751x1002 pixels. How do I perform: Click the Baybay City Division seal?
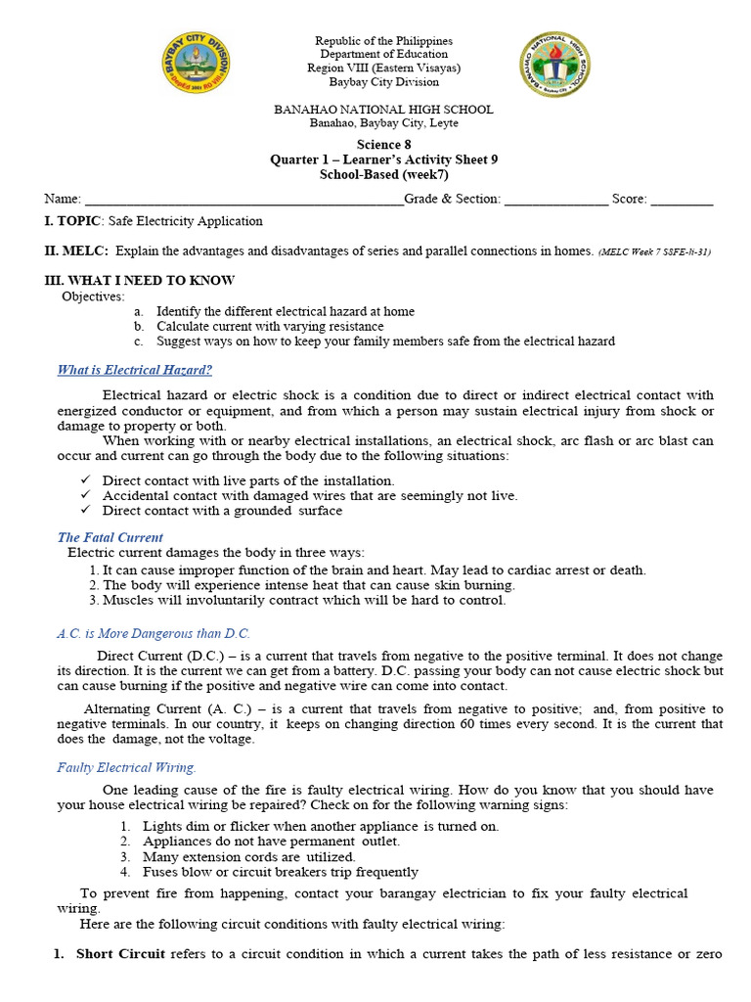[x=198, y=70]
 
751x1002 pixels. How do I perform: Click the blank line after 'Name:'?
[x=244, y=200]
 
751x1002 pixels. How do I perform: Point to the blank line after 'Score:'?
[x=682, y=200]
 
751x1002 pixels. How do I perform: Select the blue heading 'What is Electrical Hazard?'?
[x=135, y=370]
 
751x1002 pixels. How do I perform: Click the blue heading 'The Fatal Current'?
[x=110, y=537]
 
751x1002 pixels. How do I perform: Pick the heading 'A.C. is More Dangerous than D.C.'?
[x=154, y=633]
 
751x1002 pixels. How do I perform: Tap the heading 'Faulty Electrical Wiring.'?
[x=127, y=767]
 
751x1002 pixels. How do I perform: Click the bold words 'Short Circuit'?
[x=120, y=954]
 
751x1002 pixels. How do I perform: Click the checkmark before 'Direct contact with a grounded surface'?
[x=86, y=510]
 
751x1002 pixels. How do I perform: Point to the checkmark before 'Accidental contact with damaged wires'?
[x=86, y=495]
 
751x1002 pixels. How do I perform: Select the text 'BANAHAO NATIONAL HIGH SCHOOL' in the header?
[x=383, y=110]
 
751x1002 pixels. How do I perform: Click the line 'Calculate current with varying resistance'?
[x=270, y=326]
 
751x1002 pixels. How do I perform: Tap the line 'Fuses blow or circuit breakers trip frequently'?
[x=281, y=871]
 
